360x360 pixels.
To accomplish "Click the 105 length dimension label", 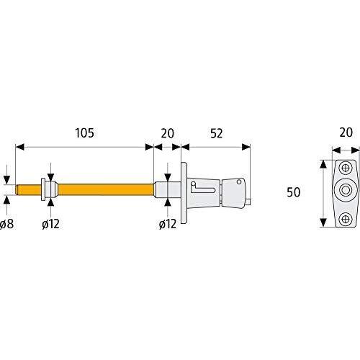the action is pyautogui.click(x=85, y=133).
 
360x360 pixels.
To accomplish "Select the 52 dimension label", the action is pyautogui.click(x=217, y=133).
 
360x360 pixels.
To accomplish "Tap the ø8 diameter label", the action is pyautogui.click(x=7, y=224).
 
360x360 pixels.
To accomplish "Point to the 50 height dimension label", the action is pyautogui.click(x=294, y=192).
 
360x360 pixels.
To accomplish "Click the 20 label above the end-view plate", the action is pyautogui.click(x=346, y=132).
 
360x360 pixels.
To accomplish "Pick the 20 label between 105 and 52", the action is pyautogui.click(x=167, y=133).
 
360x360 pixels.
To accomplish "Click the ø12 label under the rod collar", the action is pyautogui.click(x=50, y=224).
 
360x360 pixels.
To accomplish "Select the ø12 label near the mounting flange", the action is pyautogui.click(x=168, y=224).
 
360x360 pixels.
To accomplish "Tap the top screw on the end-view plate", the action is pyautogui.click(x=346, y=168).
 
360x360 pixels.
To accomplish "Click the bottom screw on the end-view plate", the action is pyautogui.click(x=346, y=218).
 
